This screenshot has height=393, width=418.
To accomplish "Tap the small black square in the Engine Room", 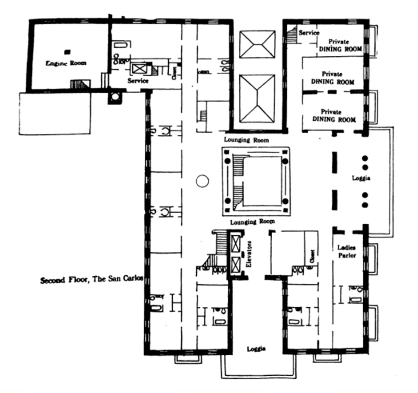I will (x=66, y=51).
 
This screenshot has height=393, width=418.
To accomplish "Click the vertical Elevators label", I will (x=249, y=258).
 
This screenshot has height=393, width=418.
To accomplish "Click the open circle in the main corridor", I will (x=202, y=182).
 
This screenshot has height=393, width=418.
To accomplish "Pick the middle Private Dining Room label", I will (x=333, y=78).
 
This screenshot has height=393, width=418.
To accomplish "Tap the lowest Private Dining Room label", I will (x=333, y=115).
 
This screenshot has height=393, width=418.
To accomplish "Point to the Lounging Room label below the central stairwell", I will (x=253, y=222).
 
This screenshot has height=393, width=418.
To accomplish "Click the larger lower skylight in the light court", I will (x=256, y=98).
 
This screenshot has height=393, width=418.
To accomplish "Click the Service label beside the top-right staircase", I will (x=309, y=33).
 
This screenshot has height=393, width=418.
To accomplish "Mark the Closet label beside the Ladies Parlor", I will (x=312, y=256).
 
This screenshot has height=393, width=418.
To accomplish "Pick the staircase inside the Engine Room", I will (x=80, y=85).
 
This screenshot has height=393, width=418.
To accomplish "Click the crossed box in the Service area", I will (x=141, y=68).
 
